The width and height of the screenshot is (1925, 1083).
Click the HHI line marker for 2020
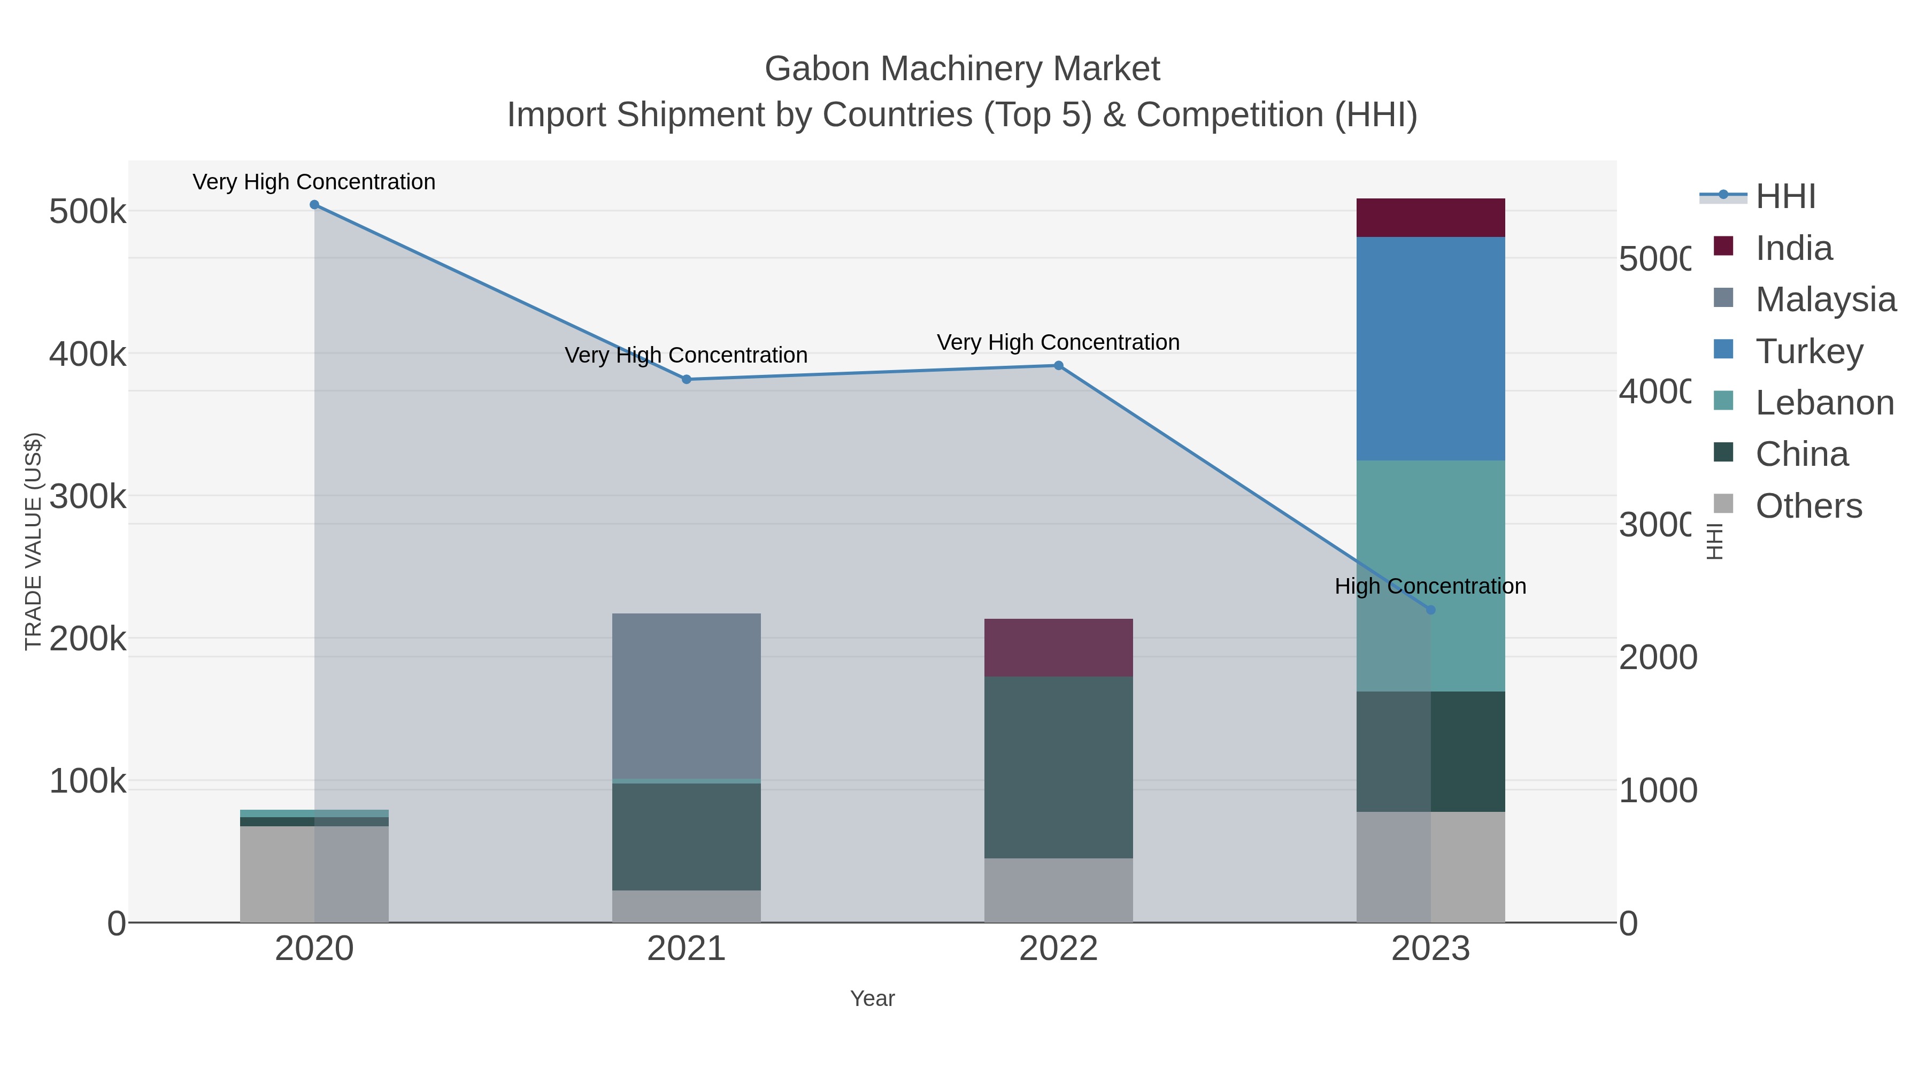click(x=314, y=205)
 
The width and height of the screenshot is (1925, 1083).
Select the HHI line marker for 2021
click(x=686, y=380)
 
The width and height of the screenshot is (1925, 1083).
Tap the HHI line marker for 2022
click(x=1058, y=365)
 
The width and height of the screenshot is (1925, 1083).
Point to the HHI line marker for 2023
click(x=1430, y=610)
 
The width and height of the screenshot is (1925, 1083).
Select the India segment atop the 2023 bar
click(x=1430, y=218)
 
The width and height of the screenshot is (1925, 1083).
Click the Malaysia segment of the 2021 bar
click(x=686, y=696)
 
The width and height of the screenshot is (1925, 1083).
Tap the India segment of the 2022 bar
click(x=1058, y=647)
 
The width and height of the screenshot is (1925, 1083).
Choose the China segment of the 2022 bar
click(x=1058, y=767)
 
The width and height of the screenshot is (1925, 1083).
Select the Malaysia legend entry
click(x=1825, y=299)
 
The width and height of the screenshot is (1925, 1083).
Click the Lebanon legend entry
click(x=1824, y=403)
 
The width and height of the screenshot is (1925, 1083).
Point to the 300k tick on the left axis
click(x=88, y=496)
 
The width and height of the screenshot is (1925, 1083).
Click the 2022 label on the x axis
click(x=1058, y=949)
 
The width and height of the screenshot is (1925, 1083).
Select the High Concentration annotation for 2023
click(x=1430, y=587)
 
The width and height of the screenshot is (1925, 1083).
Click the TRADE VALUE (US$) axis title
click(x=34, y=541)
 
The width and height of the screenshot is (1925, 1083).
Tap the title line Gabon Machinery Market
click(x=962, y=69)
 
